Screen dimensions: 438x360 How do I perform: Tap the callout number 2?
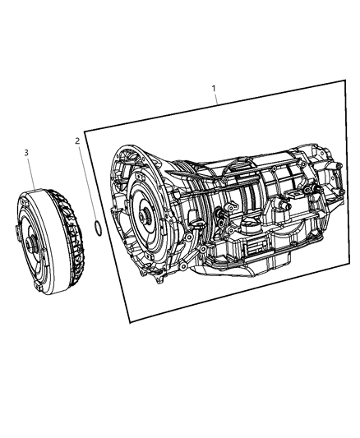point(78,141)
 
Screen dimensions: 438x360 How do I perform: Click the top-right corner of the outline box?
point(343,79)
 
